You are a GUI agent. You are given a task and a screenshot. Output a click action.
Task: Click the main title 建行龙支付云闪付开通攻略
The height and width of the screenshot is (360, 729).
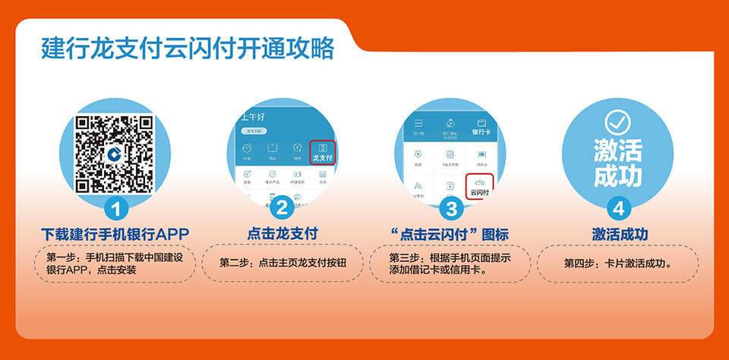point(188,48)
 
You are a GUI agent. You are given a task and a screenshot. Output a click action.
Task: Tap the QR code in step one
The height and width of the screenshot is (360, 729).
point(115,153)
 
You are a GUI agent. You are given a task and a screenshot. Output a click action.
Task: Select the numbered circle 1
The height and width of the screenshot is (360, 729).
point(115,207)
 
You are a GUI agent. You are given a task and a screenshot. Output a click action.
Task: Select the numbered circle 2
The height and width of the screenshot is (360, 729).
point(282,207)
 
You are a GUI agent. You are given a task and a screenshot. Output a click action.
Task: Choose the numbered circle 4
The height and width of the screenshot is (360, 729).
point(618,207)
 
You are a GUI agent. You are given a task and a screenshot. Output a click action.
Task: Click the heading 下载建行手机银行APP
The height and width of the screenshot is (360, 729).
point(115,233)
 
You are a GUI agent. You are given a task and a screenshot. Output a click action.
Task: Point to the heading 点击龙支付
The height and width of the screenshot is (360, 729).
point(282,233)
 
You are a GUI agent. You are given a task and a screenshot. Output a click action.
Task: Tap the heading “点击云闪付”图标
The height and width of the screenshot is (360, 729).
point(449,233)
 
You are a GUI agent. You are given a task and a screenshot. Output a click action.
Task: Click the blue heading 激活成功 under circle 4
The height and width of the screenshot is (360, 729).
point(619,233)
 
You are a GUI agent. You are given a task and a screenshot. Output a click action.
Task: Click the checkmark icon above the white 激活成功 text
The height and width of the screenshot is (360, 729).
point(617,122)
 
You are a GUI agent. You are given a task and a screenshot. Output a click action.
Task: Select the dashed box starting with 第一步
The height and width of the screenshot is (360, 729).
point(115,264)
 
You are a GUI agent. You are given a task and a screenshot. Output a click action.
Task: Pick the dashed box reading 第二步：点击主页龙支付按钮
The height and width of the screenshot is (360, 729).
point(282,263)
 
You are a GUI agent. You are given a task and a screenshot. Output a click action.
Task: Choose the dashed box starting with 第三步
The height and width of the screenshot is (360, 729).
point(450,264)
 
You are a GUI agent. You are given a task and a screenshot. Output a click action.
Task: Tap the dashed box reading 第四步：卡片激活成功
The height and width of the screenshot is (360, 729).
point(618,264)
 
